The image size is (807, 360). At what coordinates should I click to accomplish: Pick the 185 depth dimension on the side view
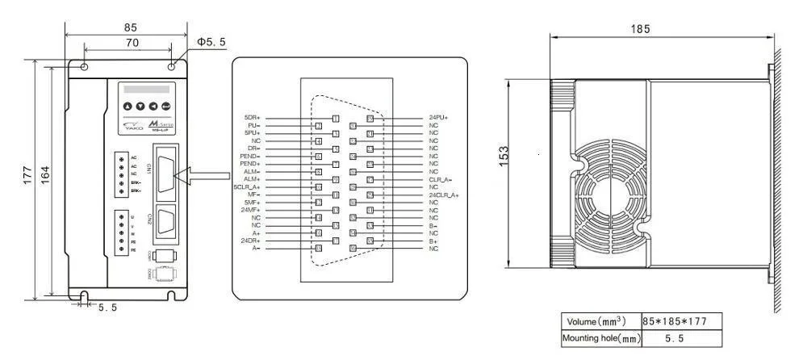click(x=662, y=29)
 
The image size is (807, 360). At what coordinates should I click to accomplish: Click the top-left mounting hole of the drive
click(x=84, y=66)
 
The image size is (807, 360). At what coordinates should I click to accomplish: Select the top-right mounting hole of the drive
click(x=173, y=66)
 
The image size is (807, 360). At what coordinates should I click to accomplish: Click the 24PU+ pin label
click(x=438, y=118)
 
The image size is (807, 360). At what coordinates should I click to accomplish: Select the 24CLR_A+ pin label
click(x=443, y=195)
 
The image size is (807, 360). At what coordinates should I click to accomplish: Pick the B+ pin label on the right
click(x=433, y=241)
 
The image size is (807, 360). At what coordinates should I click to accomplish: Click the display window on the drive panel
click(x=145, y=90)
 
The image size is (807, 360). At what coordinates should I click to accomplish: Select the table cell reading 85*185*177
click(x=675, y=321)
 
